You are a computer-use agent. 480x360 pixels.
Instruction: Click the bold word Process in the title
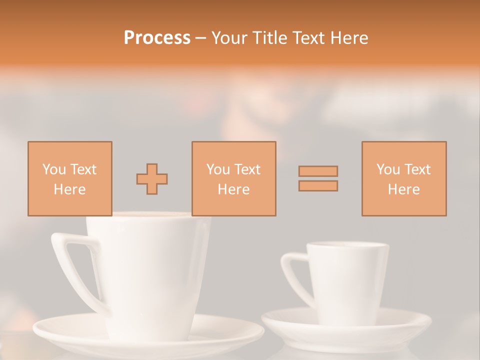157,38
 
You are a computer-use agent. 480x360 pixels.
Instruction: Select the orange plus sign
152,179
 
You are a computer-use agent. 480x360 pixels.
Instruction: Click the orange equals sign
318,178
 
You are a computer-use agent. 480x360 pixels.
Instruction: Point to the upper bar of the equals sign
318,171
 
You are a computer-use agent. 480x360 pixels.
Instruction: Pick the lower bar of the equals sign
318,186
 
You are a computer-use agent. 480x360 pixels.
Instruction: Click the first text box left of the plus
69,178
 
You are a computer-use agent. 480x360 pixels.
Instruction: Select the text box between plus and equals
233,178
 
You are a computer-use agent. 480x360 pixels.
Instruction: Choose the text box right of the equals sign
403,178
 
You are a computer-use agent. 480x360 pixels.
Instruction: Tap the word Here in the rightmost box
403,189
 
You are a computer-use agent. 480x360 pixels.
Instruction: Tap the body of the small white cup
347,280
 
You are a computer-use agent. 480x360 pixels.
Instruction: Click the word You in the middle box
218,169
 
